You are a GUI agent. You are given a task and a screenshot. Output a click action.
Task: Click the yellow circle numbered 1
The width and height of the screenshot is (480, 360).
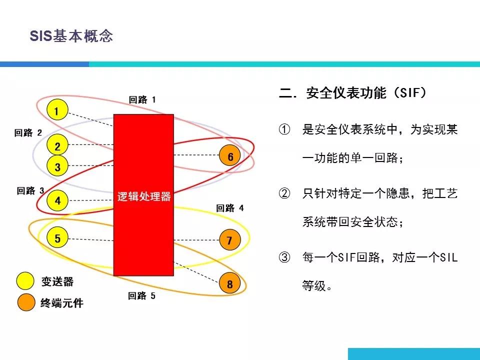57,110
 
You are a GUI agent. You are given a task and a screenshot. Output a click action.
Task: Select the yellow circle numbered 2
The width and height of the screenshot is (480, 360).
57,145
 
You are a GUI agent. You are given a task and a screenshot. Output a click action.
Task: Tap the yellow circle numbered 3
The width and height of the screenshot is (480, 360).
57,165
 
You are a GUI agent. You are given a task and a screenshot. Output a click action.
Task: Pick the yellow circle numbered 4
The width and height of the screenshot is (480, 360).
57,200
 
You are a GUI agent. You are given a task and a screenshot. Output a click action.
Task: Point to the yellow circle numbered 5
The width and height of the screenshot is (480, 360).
57,237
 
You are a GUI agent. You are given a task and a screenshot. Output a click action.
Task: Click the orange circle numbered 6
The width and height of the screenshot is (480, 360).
230,155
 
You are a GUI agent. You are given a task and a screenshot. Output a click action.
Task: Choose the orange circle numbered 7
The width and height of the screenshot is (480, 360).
230,239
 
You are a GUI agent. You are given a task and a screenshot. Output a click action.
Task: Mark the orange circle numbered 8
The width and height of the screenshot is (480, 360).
230,283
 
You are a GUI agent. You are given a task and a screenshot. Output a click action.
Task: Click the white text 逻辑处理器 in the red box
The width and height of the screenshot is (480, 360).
144,196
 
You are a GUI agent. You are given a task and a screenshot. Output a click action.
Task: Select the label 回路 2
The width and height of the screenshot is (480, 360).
28,133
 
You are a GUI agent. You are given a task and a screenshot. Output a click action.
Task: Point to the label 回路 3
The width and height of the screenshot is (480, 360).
30,190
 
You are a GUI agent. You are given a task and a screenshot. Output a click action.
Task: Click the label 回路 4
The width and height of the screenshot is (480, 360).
230,208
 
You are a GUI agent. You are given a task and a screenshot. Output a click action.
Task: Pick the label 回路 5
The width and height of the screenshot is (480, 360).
141,295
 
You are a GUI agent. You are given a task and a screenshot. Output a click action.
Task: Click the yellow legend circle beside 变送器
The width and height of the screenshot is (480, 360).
25,281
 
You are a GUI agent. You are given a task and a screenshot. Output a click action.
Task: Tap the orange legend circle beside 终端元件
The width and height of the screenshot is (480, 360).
26,302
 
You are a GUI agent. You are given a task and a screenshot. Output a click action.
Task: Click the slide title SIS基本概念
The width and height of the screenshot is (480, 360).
71,36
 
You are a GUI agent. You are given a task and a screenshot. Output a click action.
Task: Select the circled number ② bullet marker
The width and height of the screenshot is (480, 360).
284,193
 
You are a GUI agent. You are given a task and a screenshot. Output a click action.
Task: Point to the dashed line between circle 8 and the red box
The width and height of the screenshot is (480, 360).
196,271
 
